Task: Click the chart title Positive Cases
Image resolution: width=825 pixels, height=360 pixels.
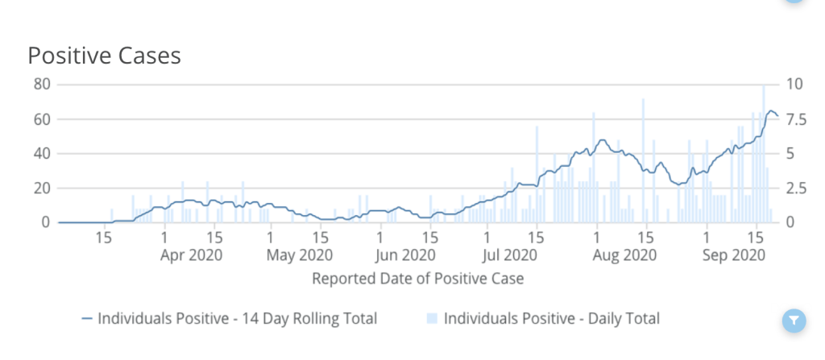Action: [104, 56]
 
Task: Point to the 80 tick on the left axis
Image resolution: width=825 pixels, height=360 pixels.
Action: [41, 85]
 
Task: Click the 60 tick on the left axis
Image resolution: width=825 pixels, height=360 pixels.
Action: [41, 119]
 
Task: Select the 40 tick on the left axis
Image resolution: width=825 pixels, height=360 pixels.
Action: [41, 153]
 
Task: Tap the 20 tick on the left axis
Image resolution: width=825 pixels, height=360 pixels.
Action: [41, 188]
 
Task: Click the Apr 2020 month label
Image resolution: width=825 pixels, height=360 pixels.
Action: [190, 255]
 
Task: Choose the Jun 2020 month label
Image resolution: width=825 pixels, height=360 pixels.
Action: [405, 255]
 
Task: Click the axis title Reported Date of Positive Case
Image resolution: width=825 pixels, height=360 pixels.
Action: [417, 279]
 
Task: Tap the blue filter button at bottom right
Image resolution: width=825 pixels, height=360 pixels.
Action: [794, 321]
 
